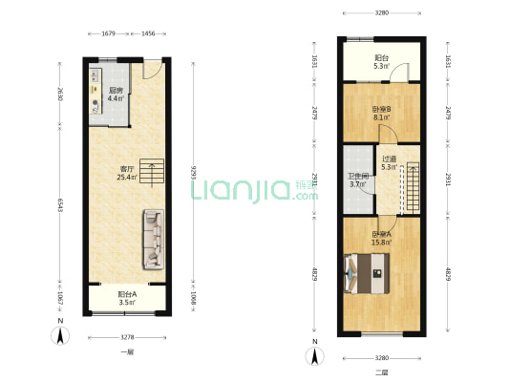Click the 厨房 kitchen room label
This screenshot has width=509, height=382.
(114, 92)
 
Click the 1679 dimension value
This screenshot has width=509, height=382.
(108, 33)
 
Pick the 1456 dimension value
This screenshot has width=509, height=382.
(148, 33)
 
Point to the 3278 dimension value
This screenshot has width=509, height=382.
(127, 337)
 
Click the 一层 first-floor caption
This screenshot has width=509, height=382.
(127, 352)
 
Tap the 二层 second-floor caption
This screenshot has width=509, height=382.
(382, 371)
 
